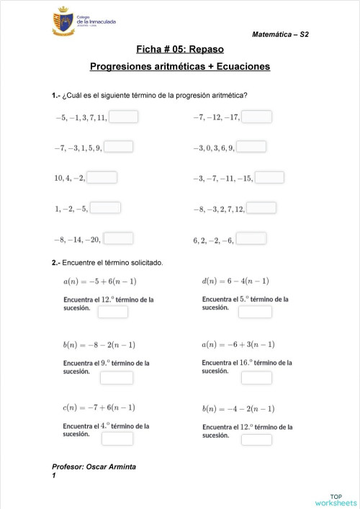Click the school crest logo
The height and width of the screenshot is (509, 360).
[63, 23]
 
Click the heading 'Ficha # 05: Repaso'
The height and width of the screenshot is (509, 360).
[180, 49]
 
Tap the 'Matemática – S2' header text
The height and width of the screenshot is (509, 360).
[282, 35]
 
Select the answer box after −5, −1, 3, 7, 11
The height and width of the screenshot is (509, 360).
[123, 117]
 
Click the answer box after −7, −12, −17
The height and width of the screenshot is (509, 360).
[256, 117]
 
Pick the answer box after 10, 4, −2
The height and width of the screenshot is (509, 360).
[102, 177]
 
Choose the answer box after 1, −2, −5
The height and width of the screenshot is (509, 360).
[105, 208]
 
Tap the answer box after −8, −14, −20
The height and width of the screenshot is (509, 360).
[118, 238]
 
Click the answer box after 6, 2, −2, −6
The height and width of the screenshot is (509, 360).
[251, 238]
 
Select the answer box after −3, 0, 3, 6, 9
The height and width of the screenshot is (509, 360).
[251, 147]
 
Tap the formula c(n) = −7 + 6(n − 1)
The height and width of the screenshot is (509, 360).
[99, 407]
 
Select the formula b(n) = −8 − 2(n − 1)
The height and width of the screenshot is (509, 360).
[99, 344]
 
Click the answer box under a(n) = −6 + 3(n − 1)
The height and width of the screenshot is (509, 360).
[256, 377]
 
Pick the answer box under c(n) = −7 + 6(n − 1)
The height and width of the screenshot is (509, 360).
[117, 438]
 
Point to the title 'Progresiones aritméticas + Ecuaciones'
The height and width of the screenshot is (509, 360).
[180, 66]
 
